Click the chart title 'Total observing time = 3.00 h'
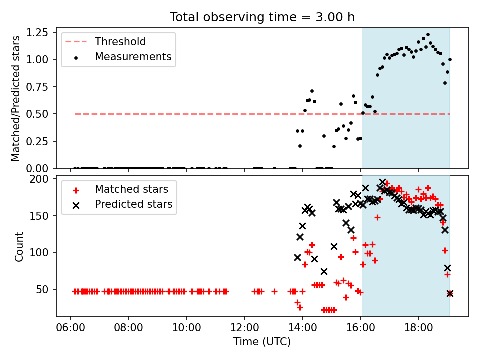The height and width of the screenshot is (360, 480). click(x=262, y=17)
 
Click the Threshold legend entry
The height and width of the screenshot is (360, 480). click(x=105, y=41)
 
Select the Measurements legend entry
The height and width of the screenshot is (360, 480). click(x=118, y=57)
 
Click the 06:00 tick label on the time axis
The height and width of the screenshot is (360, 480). click(x=70, y=328)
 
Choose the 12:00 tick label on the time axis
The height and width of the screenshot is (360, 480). click(x=245, y=328)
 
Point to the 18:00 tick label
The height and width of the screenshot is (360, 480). click(x=419, y=328)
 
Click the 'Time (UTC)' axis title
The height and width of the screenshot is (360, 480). click(x=262, y=341)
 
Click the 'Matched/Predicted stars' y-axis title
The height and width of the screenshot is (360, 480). click(x=15, y=98)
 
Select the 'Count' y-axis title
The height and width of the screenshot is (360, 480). click(x=19, y=246)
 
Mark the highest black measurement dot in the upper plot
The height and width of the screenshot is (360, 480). click(x=428, y=35)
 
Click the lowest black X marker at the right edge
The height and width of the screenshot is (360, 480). click(x=450, y=294)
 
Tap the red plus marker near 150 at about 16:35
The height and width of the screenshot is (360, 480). click(x=378, y=217)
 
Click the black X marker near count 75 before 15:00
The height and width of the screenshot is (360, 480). click(x=324, y=271)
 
